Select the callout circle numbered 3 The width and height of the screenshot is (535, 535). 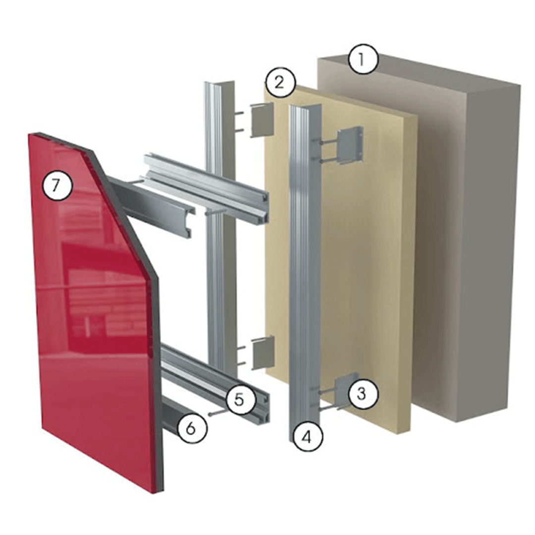click(363, 394)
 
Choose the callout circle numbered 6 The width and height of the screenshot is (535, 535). click(192, 428)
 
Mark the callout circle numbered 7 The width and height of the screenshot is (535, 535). click(57, 186)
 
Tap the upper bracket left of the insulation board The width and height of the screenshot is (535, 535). click(263, 119)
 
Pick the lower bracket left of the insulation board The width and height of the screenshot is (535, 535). click(263, 353)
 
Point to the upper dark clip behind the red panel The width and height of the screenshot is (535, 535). click(154, 205)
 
